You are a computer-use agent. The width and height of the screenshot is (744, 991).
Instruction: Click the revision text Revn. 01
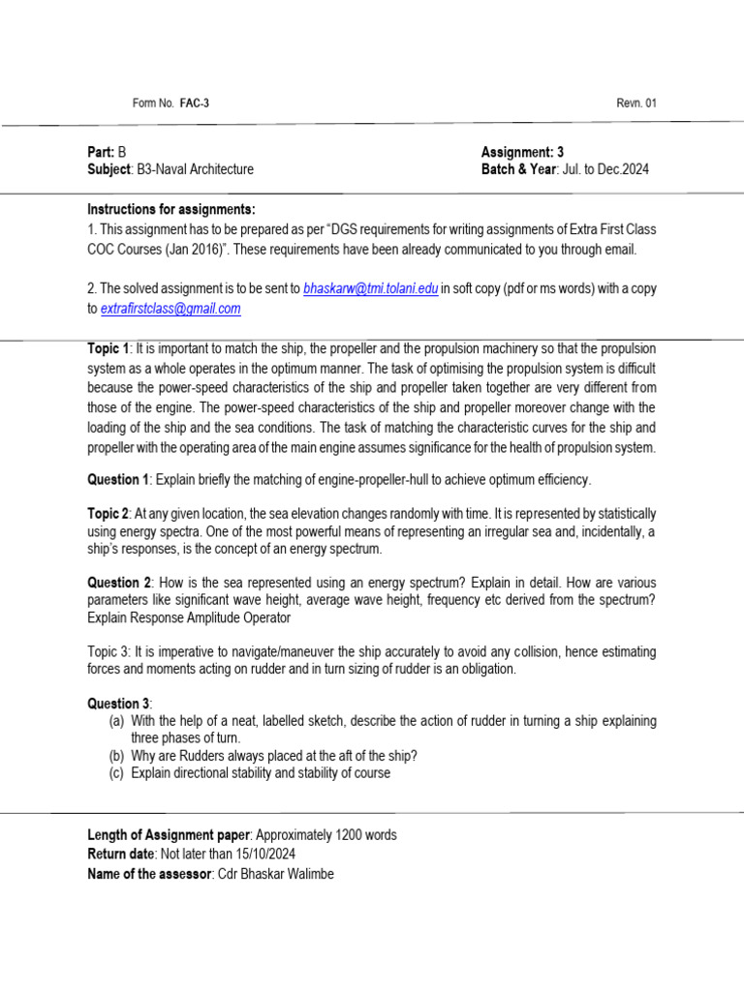click(636, 104)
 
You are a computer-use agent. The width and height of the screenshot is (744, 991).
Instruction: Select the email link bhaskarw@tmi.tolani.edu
click(371, 288)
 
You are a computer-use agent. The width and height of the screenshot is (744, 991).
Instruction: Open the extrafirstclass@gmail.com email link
click(170, 309)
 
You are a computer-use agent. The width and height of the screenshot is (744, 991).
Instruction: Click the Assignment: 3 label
click(522, 152)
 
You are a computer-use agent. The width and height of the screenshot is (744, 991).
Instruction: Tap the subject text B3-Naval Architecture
click(196, 169)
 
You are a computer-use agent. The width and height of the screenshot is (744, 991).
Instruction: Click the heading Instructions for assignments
click(171, 210)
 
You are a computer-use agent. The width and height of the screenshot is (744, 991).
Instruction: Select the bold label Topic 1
click(108, 348)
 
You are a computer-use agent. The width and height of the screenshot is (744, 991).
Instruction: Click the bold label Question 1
click(118, 480)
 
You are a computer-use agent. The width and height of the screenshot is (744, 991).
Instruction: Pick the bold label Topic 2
click(108, 513)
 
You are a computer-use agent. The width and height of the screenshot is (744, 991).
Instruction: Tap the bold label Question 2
click(118, 583)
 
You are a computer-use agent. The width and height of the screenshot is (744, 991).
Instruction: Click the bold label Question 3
click(119, 704)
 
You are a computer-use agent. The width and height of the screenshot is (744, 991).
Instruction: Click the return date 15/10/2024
click(262, 854)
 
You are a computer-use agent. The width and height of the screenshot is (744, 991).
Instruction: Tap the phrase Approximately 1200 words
click(324, 835)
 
